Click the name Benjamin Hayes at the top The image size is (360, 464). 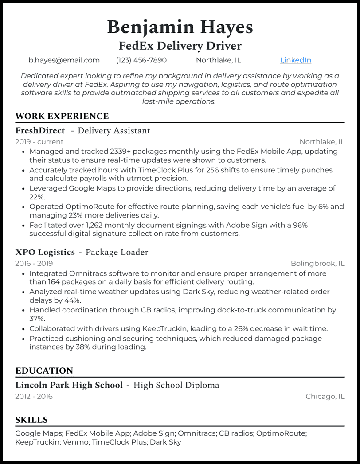click(180, 27)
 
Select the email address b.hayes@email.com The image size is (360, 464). click(64, 60)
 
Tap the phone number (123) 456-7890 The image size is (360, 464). click(141, 60)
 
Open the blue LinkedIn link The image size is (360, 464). click(295, 60)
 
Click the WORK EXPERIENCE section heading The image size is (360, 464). click(62, 117)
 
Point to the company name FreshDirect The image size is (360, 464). click(40, 131)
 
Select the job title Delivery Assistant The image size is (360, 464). click(114, 131)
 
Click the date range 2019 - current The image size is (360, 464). click(39, 142)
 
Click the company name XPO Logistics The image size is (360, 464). click(45, 252)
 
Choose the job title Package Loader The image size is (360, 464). click(117, 252)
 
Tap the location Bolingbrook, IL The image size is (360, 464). click(317, 263)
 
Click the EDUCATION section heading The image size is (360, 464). click(44, 371)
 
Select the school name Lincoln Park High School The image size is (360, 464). click(69, 385)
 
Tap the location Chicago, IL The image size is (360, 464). click(325, 396)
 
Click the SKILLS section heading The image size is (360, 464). click(31, 420)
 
